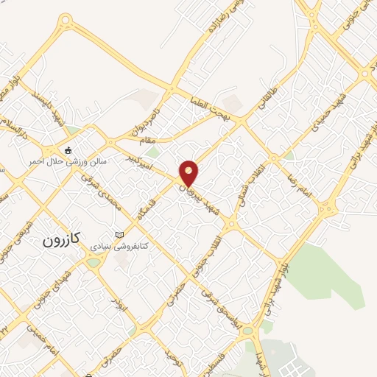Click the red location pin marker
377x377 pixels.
pos(189,173)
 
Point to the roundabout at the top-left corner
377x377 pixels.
pos(66,21)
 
